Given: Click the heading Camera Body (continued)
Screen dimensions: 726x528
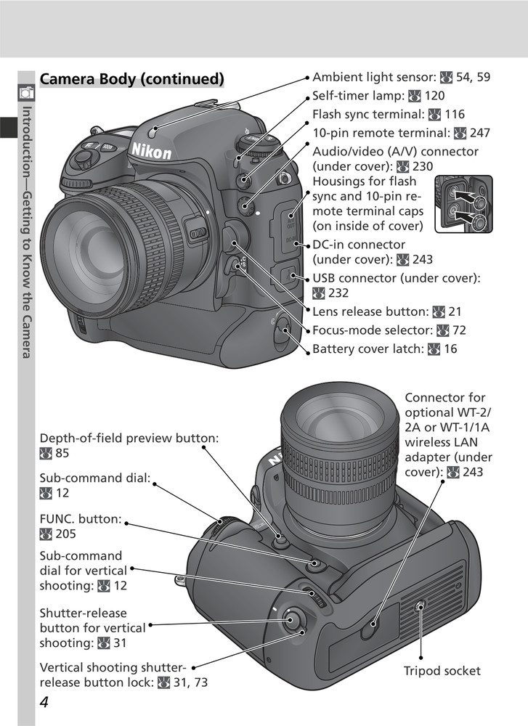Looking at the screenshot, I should tap(131, 78).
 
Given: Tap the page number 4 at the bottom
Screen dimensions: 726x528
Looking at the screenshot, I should tap(45, 705).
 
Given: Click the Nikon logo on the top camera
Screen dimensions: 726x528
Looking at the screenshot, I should tap(151, 150).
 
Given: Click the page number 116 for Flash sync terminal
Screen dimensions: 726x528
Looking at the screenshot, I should tap(454, 115).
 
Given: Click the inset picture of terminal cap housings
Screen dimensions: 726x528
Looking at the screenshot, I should tap(463, 204).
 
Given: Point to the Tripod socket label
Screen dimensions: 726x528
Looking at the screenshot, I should tap(442, 672).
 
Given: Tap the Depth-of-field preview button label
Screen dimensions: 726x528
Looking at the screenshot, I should tap(129, 439).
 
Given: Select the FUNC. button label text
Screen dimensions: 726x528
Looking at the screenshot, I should tap(80, 520).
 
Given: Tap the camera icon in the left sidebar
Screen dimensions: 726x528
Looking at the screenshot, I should tap(26, 92).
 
